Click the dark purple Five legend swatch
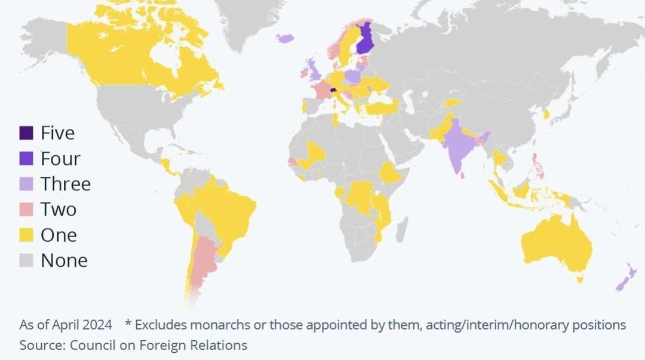(x=26, y=133)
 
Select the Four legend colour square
(x=26, y=158)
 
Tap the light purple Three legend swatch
(x=26, y=184)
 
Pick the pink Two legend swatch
(x=26, y=210)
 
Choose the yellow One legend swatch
(x=26, y=235)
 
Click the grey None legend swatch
(x=26, y=261)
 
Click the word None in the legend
(x=64, y=261)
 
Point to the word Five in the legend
(x=57, y=133)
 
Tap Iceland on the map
(x=285, y=38)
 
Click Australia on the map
(x=555, y=245)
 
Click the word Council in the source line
(x=90, y=345)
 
